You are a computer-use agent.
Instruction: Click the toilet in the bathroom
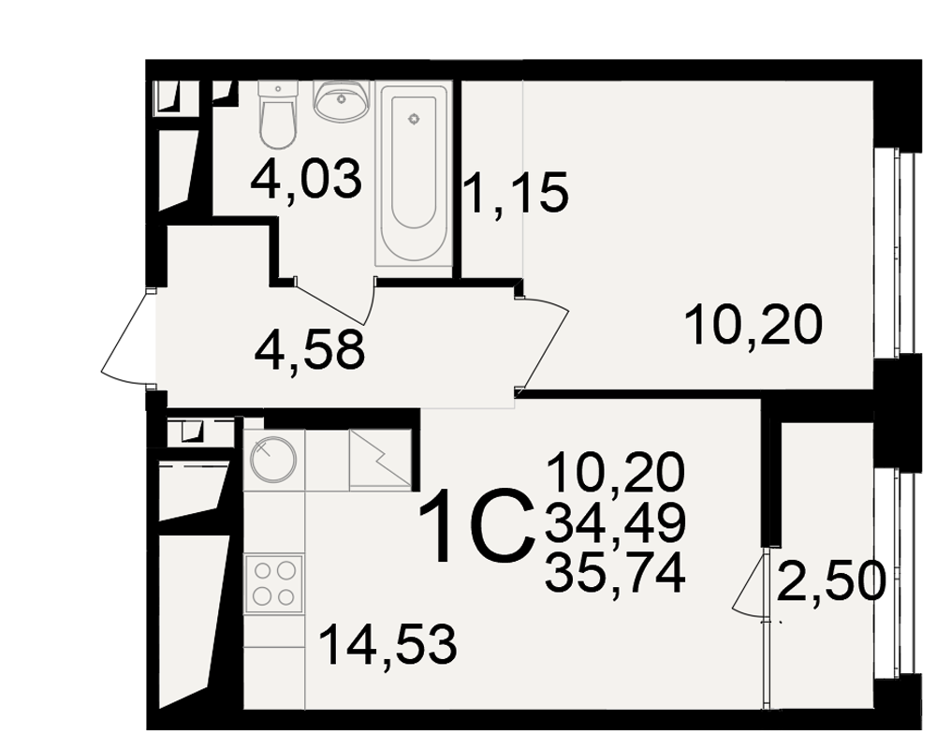(x=278, y=115)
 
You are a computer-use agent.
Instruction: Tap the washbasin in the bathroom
(x=341, y=99)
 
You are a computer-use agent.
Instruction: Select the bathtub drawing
(x=413, y=174)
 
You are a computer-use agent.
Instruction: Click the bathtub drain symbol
(x=413, y=120)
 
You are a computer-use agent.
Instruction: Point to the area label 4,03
(x=306, y=178)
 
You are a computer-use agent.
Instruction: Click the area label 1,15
(x=515, y=192)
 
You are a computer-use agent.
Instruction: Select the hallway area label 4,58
(x=309, y=350)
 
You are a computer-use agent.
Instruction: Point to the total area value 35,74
(x=615, y=572)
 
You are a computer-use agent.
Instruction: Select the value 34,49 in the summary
(x=615, y=521)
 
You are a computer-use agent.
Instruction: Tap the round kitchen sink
(x=273, y=459)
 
